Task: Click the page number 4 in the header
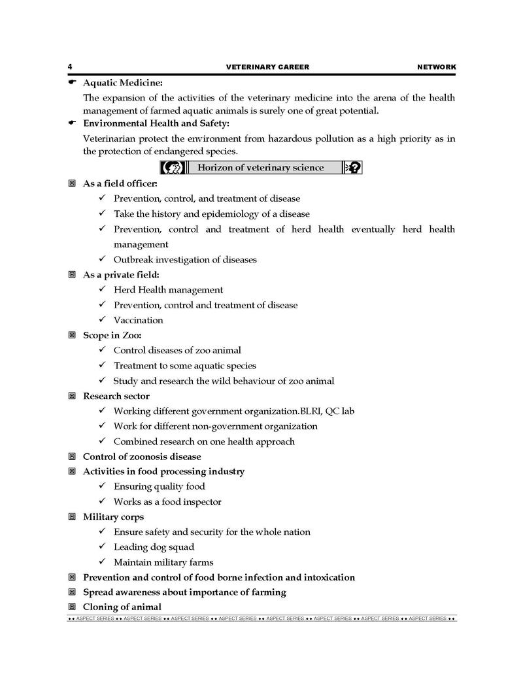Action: tap(69, 67)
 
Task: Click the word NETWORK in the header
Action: tap(436, 67)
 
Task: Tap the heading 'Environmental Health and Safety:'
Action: tap(156, 123)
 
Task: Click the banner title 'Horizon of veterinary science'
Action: tap(260, 168)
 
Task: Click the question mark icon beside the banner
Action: tap(353, 168)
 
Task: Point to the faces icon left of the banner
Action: tap(169, 168)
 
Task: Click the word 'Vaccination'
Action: tap(139, 320)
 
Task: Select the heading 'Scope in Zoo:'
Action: tap(112, 335)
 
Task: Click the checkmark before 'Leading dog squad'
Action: tap(102, 547)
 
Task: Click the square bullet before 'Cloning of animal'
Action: tap(72, 607)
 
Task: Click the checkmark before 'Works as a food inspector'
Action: tap(102, 502)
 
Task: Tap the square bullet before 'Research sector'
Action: tap(72, 396)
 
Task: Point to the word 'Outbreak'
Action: tap(133, 259)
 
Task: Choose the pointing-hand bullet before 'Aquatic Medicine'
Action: tap(73, 83)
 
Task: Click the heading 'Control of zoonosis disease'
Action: tap(142, 457)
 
